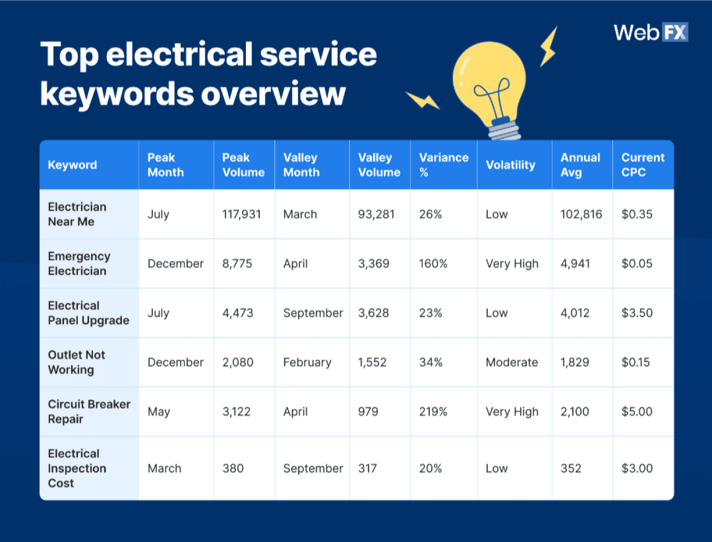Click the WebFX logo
[650, 32]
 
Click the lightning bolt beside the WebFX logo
[548, 48]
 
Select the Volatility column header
[510, 165]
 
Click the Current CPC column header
[642, 165]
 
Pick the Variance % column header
[443, 165]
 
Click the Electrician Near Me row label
[77, 214]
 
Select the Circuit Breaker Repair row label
[89, 412]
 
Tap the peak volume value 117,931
[241, 215]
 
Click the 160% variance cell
[433, 264]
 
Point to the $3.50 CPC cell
[637, 313]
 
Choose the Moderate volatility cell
[512, 362]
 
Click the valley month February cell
[307, 362]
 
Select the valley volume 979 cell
[368, 412]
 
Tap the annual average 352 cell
[571, 469]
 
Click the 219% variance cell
[433, 412]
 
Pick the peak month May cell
[159, 412]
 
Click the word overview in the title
[273, 93]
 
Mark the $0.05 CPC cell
[637, 264]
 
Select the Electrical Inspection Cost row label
[77, 469]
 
